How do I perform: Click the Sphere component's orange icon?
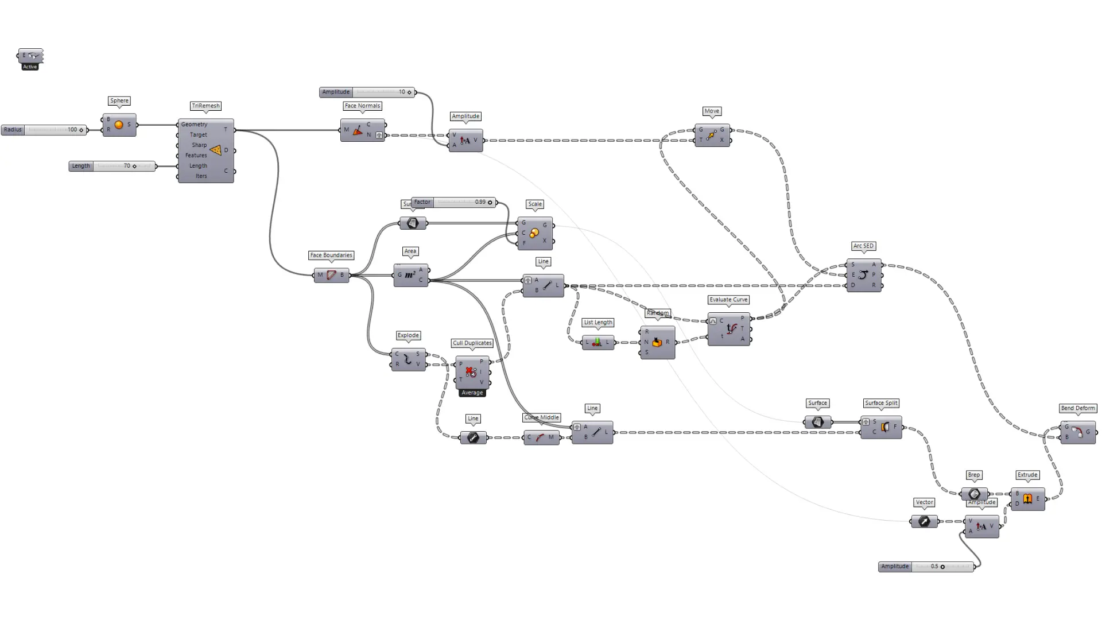pos(119,125)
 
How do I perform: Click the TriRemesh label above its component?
pos(205,106)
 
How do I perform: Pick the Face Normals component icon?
pos(358,130)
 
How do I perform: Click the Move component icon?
pos(711,135)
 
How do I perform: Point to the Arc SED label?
pos(863,246)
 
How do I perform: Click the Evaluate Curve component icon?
pos(731,329)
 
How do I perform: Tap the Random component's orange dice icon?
pos(657,342)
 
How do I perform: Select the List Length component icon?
pos(597,342)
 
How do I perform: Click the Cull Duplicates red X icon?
pos(471,372)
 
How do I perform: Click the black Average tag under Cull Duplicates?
pos(472,393)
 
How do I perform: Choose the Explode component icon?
pos(408,359)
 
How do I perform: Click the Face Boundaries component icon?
pos(331,275)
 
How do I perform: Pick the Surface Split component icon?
pos(884,427)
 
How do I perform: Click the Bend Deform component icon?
pos(1077,432)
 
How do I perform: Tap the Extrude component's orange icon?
pos(1027,498)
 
